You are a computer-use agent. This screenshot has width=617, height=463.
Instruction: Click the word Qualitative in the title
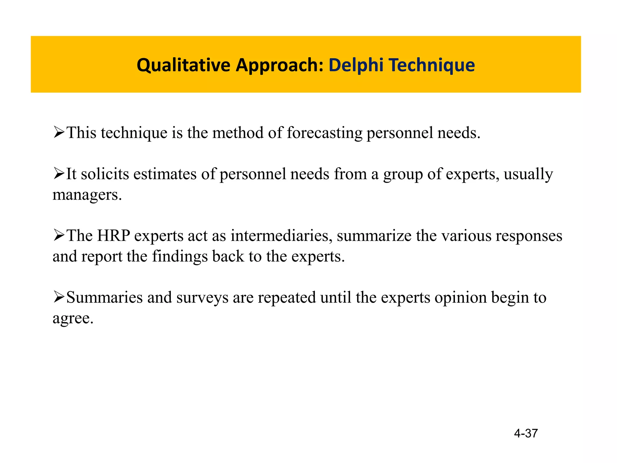pyautogui.click(x=183, y=65)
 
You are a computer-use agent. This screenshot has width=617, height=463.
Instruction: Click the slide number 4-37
pyautogui.click(x=526, y=433)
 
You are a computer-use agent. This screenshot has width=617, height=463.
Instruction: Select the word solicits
pyautogui.click(x=105, y=174)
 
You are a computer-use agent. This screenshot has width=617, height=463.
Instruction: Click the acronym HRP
pyautogui.click(x=113, y=235)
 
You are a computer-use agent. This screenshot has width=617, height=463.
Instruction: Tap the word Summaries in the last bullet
pyautogui.click(x=104, y=297)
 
